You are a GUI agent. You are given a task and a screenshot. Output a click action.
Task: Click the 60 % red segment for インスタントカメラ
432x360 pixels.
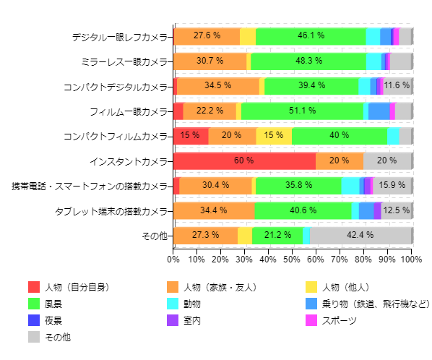coord(245,160)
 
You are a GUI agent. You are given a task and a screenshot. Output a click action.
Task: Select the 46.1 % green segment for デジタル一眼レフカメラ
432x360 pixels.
coord(311,35)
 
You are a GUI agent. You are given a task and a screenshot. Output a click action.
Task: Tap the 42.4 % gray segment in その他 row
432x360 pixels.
coord(360,235)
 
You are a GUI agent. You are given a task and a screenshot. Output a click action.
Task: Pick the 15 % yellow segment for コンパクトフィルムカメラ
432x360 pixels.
coord(274,135)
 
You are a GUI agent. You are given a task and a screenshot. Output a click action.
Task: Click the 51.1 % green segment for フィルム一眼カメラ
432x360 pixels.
coord(301,111)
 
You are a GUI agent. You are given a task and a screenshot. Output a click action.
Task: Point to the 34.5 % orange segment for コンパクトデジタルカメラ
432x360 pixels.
coord(217,85)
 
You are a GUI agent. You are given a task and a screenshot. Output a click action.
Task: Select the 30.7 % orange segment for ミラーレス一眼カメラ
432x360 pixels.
coord(209,61)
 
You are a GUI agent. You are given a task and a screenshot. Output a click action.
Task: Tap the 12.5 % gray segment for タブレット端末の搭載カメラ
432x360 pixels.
coord(397,210)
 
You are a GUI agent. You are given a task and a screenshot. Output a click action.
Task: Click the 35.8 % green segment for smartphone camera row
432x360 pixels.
coord(298,185)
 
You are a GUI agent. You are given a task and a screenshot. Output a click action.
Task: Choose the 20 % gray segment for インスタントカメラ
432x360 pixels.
coord(387,160)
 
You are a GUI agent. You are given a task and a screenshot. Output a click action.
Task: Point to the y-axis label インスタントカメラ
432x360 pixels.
coord(129,161)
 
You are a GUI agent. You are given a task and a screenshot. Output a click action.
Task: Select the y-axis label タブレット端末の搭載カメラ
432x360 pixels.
coord(112,211)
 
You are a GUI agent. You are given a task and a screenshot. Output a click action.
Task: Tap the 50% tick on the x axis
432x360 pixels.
coord(293,258)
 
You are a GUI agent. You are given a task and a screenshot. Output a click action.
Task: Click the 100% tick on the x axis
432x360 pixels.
coord(411,258)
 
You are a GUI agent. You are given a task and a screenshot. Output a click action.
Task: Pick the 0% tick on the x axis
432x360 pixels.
coord(173,258)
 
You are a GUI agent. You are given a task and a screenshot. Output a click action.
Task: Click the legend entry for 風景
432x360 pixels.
coord(54,304)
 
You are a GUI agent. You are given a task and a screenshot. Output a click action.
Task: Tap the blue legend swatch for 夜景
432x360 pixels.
coord(34,320)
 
